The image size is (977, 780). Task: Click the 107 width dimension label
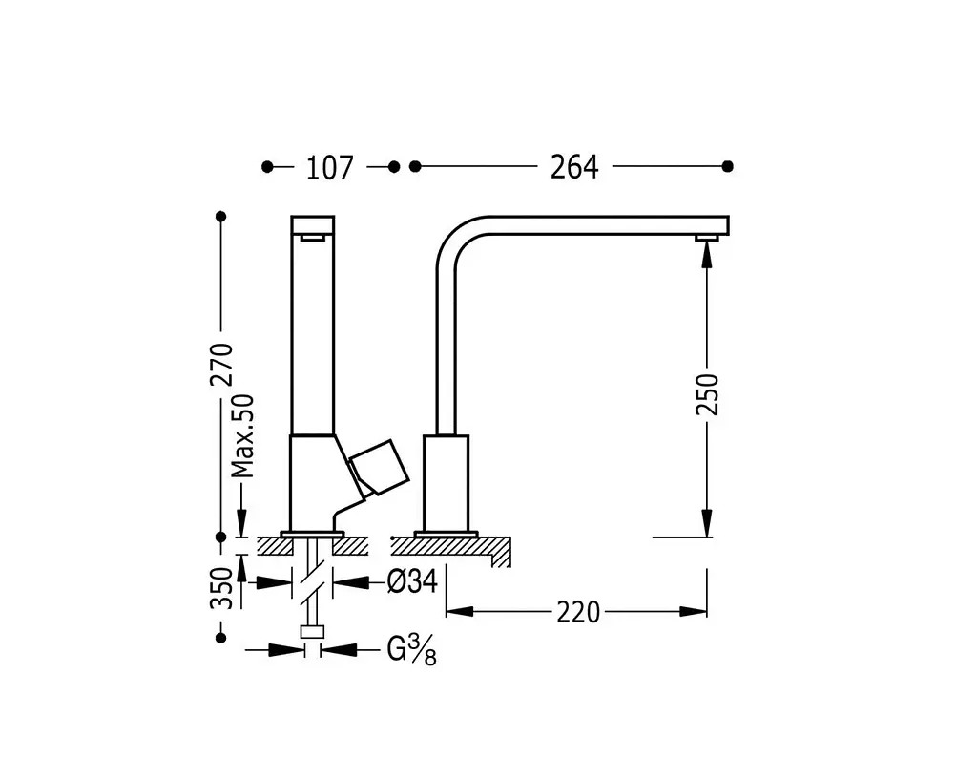click(x=329, y=168)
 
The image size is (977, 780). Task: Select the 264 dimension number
click(x=574, y=167)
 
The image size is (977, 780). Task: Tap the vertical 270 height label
click(x=221, y=365)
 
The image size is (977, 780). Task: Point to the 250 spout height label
click(x=707, y=394)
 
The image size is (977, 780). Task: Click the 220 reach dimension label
click(x=578, y=612)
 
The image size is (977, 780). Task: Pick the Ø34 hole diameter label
click(x=412, y=581)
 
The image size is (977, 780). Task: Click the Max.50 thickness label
click(x=243, y=436)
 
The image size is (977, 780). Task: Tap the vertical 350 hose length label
click(x=221, y=588)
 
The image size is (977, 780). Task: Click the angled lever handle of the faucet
click(x=378, y=468)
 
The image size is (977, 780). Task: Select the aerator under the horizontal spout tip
click(x=707, y=238)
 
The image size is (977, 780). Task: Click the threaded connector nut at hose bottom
click(x=312, y=632)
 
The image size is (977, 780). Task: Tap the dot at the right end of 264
click(x=727, y=166)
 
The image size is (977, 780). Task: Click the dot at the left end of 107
click(x=267, y=167)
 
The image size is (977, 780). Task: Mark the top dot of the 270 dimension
click(x=220, y=217)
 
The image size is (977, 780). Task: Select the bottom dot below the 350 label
click(x=220, y=638)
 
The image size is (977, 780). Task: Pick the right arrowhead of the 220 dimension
click(x=693, y=612)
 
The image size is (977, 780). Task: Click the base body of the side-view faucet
click(x=447, y=483)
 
